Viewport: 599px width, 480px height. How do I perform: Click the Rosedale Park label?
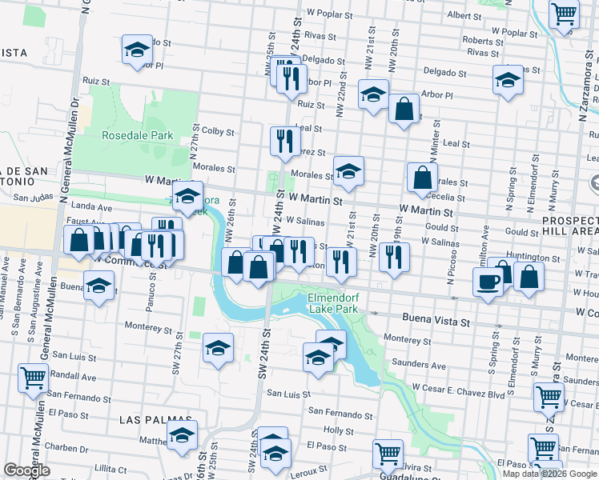pyautogui.click(x=138, y=135)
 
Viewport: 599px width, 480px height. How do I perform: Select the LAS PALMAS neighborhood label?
pyautogui.click(x=155, y=419)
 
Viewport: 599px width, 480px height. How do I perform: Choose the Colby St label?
pyautogui.click(x=218, y=130)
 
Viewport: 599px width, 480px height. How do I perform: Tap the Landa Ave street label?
pyautogui.click(x=97, y=206)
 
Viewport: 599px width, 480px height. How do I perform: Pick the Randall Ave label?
pyautogui.click(x=73, y=376)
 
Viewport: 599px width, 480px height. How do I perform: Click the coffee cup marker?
pyautogui.click(x=488, y=281)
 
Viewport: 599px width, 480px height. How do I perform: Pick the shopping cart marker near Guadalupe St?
pyautogui.click(x=388, y=453)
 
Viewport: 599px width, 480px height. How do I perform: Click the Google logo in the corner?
pyautogui.click(x=27, y=471)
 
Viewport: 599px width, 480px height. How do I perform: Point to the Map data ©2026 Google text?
pyautogui.click(x=549, y=474)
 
